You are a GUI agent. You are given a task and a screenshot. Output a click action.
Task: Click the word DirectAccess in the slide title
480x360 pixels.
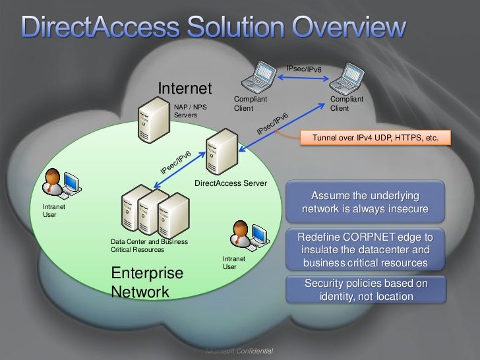click(97, 28)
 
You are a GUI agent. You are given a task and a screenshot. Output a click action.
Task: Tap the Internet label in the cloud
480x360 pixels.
click(185, 88)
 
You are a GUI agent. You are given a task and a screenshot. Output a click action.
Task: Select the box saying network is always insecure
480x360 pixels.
click(365, 203)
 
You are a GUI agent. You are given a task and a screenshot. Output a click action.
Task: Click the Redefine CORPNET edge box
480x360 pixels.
click(365, 250)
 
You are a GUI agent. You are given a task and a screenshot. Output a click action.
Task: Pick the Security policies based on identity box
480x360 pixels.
click(365, 290)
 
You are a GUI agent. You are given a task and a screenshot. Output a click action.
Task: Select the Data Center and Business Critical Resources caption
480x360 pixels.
click(149, 245)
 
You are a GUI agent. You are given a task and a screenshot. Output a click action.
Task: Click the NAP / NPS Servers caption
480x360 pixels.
click(190, 110)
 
